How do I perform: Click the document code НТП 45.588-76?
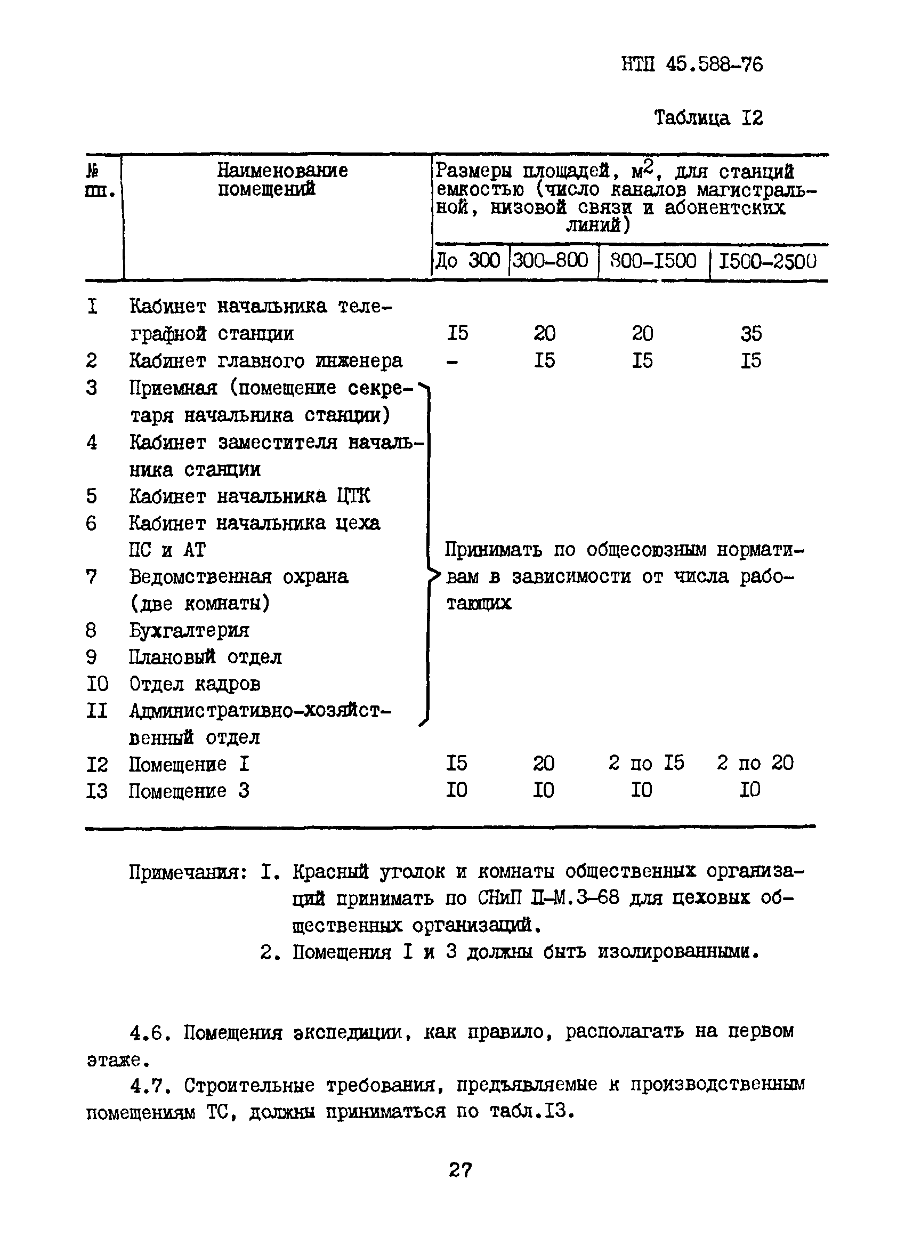coord(692,65)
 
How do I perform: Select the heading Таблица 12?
coord(708,118)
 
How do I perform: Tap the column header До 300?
coord(467,260)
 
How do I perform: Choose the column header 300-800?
coord(550,260)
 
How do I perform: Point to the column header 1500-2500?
coord(767,261)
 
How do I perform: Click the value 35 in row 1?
coord(751,333)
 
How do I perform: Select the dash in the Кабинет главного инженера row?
coord(452,361)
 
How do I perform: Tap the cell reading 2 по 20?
coord(755,763)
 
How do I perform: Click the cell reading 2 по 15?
coord(646,763)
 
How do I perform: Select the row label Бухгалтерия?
coord(189,630)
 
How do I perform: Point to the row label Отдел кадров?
coord(195,684)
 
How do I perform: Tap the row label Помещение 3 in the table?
coord(189,790)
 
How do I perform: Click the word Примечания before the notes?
coord(187,872)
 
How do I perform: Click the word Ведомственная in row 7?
coord(200,576)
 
